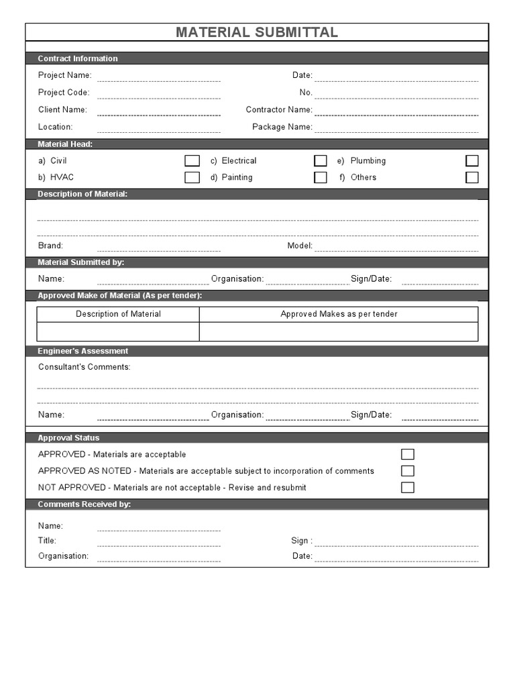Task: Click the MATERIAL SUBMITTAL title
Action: pos(257,32)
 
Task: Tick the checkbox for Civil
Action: pos(192,161)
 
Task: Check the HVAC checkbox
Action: pos(192,178)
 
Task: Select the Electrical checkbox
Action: pos(321,161)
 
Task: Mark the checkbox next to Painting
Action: pos(321,178)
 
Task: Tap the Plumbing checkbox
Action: pos(472,161)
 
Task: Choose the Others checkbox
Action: pos(472,178)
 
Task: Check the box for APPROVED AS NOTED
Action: pos(408,471)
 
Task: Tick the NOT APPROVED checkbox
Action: pos(408,488)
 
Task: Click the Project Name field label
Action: pos(64,75)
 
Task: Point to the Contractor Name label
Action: pos(279,109)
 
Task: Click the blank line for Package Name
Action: pos(396,127)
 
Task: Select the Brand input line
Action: pos(158,246)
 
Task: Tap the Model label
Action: pos(300,246)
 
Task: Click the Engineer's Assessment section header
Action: pos(82,351)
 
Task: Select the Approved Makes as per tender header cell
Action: pos(339,314)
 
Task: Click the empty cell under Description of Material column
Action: pos(118,331)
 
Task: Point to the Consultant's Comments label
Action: pos(84,367)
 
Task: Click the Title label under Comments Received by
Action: pos(47,540)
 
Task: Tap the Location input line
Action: pos(158,127)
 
